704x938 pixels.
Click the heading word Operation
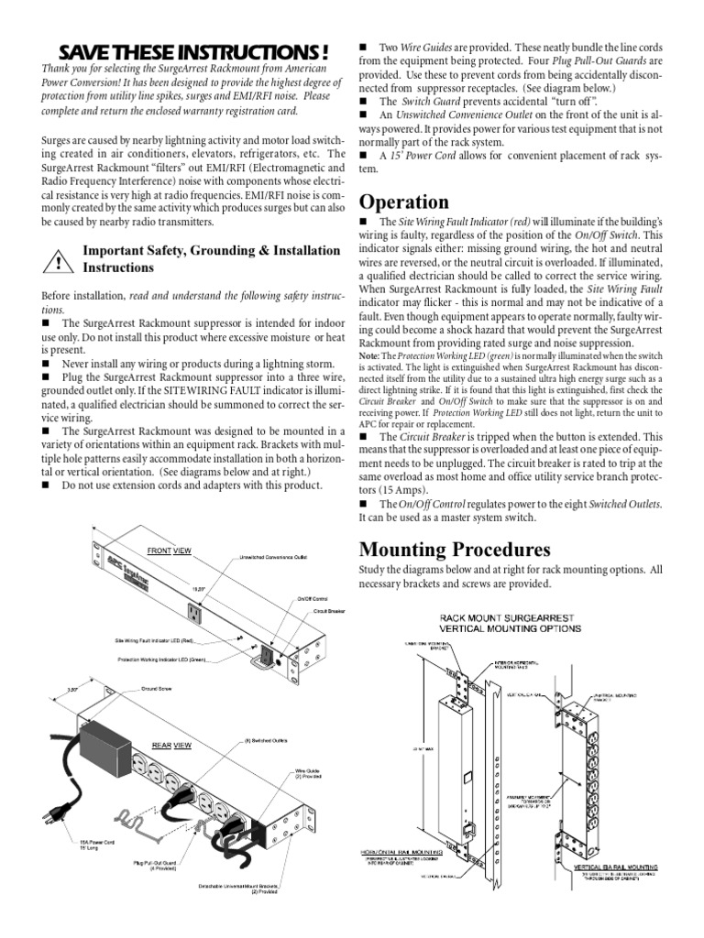pyautogui.click(x=403, y=202)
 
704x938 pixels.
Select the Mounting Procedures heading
pyautogui.click(x=454, y=550)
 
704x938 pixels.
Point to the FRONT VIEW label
pyautogui.click(x=170, y=551)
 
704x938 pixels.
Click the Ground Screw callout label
pyautogui.click(x=157, y=688)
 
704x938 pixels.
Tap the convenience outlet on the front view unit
pyautogui.click(x=195, y=612)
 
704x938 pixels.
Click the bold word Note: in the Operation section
pyautogui.click(x=368, y=354)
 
